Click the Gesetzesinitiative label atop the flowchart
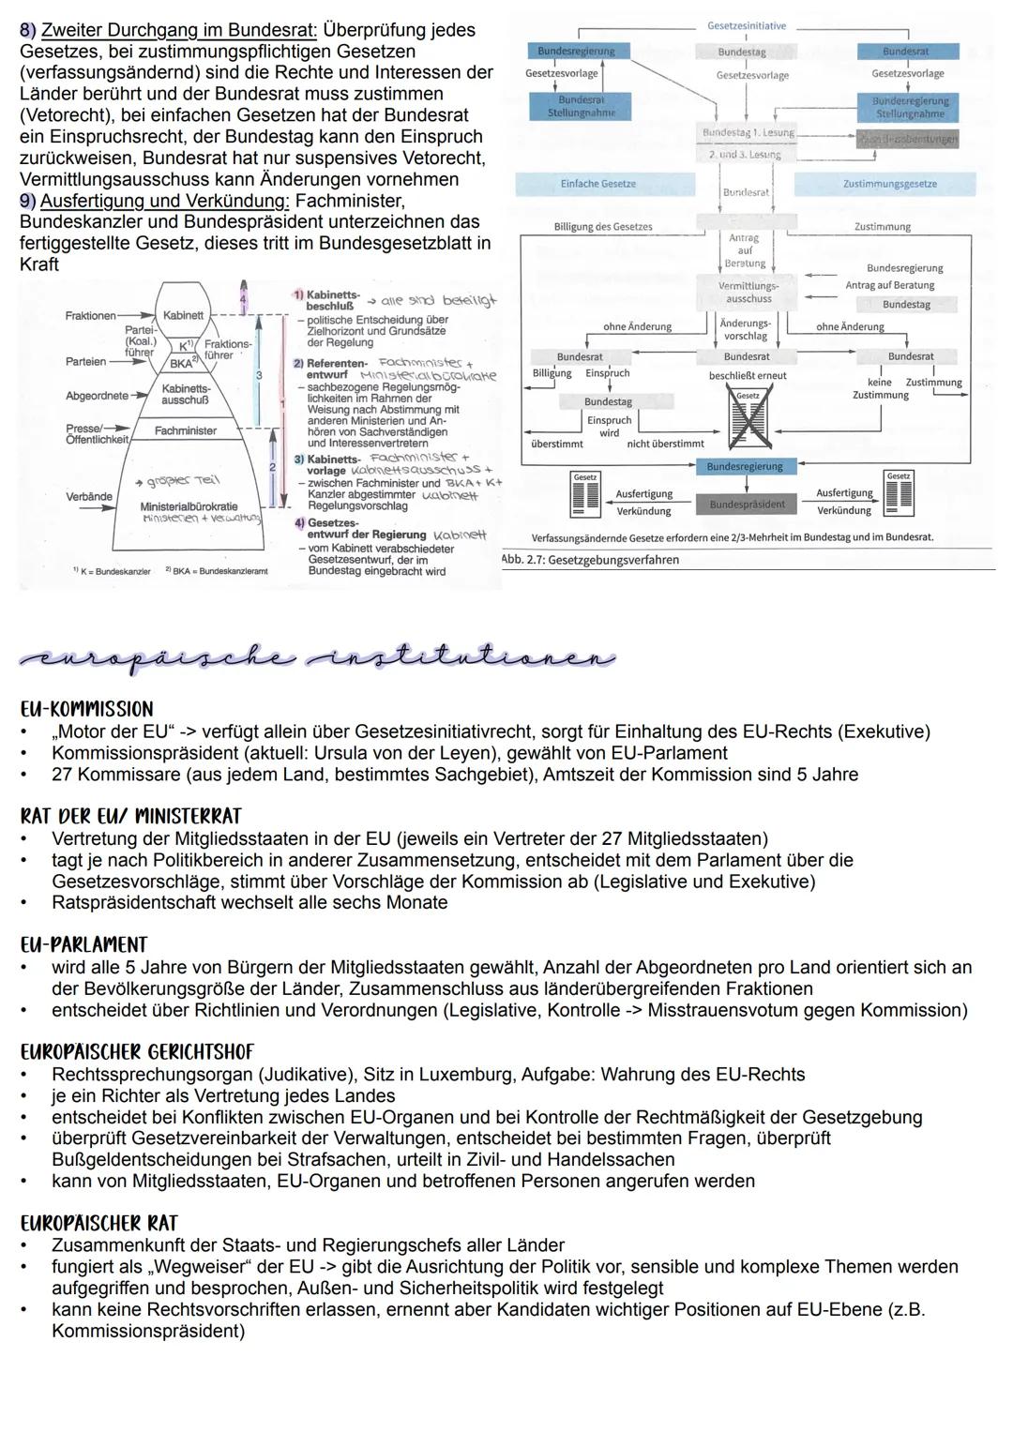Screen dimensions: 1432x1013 (747, 26)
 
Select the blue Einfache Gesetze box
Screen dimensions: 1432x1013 (597, 184)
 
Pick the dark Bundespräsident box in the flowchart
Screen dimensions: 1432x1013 (747, 505)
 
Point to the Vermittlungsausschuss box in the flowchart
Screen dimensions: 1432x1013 (748, 292)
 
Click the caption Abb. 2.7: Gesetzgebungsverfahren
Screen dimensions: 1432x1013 (590, 560)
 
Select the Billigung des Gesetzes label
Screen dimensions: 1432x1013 (603, 227)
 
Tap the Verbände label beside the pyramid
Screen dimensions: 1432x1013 (88, 496)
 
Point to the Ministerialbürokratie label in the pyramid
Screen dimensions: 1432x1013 (189, 506)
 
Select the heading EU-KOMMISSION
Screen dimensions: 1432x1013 (86, 709)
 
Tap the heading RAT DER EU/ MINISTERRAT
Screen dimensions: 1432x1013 (130, 816)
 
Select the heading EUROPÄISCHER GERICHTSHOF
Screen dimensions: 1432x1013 (137, 1052)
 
